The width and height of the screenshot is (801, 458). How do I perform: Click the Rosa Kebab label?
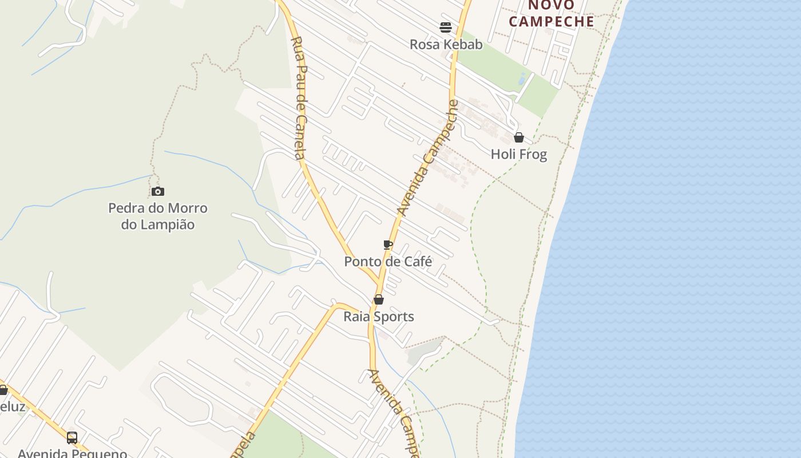[x=446, y=44]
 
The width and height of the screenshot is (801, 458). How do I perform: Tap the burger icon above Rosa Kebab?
[x=446, y=27]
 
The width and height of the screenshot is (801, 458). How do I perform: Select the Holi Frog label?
[x=518, y=154]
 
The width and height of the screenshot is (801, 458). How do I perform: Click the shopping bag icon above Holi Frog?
[x=519, y=137]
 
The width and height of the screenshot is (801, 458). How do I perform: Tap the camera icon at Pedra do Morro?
[x=158, y=191]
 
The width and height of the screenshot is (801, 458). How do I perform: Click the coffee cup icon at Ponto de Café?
[x=388, y=245]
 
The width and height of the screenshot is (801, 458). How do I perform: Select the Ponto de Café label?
[x=388, y=262]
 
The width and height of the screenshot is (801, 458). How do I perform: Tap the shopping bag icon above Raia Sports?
[x=379, y=299]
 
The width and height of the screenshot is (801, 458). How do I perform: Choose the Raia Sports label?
[x=379, y=317]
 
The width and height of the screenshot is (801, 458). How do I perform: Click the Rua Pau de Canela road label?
[x=300, y=97]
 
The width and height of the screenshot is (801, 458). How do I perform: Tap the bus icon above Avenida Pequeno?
[x=72, y=437]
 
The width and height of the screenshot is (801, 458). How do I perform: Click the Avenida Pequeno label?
[x=72, y=453]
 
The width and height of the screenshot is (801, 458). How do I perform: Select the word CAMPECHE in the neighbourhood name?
[x=552, y=22]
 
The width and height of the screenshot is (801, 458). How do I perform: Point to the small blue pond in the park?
[x=522, y=79]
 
